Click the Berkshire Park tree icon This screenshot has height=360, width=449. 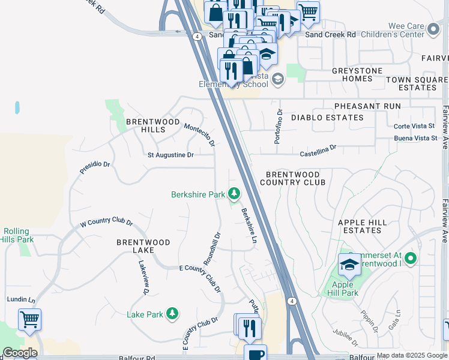coord(234,194)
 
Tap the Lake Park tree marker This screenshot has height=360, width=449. coord(172,314)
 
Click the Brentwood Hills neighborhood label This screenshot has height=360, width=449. coord(153,125)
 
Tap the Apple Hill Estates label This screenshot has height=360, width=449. coord(368,226)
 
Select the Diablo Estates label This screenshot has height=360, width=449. coord(327,118)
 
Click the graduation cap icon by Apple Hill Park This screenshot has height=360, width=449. coord(349,263)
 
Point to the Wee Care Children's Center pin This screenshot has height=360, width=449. coord(433,28)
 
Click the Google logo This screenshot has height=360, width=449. coord(20,353)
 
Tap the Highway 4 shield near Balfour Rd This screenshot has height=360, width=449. coord(291,301)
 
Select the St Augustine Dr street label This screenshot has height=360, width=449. coord(171,155)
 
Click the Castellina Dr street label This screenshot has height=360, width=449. coord(318,149)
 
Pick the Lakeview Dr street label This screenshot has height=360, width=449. coord(144,277)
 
